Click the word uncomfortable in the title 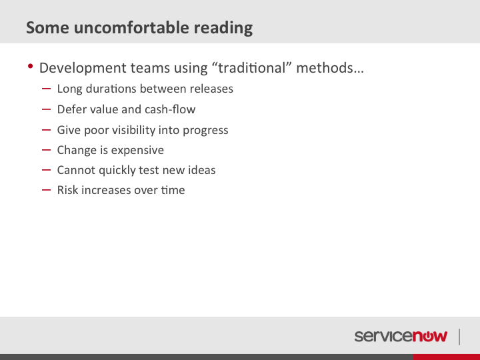pyautogui.click(x=131, y=27)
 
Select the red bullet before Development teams pyautogui.click(x=30, y=66)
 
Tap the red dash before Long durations pyautogui.click(x=46, y=89)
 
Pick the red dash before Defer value pyautogui.click(x=46, y=109)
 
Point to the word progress pyautogui.click(x=205, y=131)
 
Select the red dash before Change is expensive pyautogui.click(x=46, y=150)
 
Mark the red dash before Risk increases pyautogui.click(x=46, y=190)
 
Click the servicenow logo pyautogui.click(x=401, y=337)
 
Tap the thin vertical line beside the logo pyautogui.click(x=459, y=337)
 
